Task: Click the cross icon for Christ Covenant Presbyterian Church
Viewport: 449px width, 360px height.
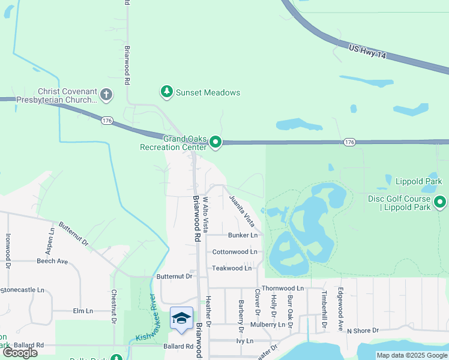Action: pyautogui.click(x=106, y=94)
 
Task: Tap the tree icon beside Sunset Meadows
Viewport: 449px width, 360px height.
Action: pyautogui.click(x=166, y=92)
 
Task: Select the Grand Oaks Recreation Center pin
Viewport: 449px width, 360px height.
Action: pyautogui.click(x=215, y=143)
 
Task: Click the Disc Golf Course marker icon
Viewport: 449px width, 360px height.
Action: pyautogui.click(x=441, y=202)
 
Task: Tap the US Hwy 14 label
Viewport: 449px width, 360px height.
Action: pyautogui.click(x=368, y=53)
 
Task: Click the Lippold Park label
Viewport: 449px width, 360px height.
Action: pyautogui.click(x=418, y=181)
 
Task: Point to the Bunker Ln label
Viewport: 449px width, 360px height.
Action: pyautogui.click(x=243, y=235)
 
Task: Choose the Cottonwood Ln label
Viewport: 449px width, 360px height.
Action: pyautogui.click(x=235, y=252)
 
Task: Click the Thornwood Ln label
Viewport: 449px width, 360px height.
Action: pyautogui.click(x=283, y=288)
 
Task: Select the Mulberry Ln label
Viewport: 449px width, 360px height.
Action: pyautogui.click(x=268, y=325)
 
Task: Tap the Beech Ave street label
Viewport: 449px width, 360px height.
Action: pyautogui.click(x=52, y=261)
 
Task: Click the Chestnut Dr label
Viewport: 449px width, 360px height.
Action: pyautogui.click(x=113, y=307)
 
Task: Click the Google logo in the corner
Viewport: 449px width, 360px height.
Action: pyautogui.click(x=20, y=352)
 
